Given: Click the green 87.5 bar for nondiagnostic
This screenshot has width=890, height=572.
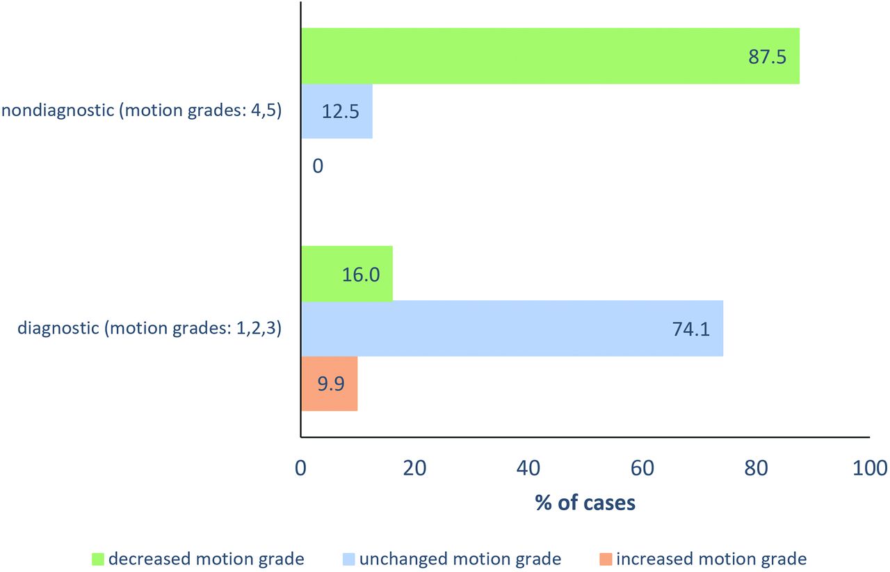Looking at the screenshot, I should coord(549,56).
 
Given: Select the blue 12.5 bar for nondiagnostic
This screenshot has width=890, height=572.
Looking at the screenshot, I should coord(337,111).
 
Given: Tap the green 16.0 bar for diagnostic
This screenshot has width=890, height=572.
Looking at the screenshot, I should coord(346,274).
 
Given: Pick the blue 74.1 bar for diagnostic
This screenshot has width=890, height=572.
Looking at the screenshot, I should coord(512,328).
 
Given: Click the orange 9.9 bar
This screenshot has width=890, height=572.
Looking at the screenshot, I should coord(329,383).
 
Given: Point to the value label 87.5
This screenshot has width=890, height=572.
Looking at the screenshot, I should coord(768,57).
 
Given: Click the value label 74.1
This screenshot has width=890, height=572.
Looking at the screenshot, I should coord(691,329).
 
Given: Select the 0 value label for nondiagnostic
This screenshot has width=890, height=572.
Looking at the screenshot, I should coord(318,166).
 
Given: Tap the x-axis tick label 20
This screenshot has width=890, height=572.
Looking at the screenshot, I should coord(414,468).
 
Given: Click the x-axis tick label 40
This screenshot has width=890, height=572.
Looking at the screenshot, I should coord(528,468).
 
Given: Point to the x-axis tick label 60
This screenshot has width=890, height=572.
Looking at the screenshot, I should coord(642,468).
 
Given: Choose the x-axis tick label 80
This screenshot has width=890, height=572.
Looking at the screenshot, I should coord(756,468).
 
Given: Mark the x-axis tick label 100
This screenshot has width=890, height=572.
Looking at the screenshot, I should coord(870,468).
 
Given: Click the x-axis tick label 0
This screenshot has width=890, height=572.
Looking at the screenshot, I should coord(301,468).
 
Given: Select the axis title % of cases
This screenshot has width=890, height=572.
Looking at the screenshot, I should coord(585,502).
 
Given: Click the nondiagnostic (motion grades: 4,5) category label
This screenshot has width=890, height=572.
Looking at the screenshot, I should coord(141,111).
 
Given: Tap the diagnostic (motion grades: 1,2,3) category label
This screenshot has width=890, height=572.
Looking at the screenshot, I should coord(149,328).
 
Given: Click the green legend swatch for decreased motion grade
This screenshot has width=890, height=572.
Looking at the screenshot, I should coord(98,559).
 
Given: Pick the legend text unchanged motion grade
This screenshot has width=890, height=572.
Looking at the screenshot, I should coord(460,559).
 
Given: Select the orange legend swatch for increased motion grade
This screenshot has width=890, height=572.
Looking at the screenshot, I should coord(604,559).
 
